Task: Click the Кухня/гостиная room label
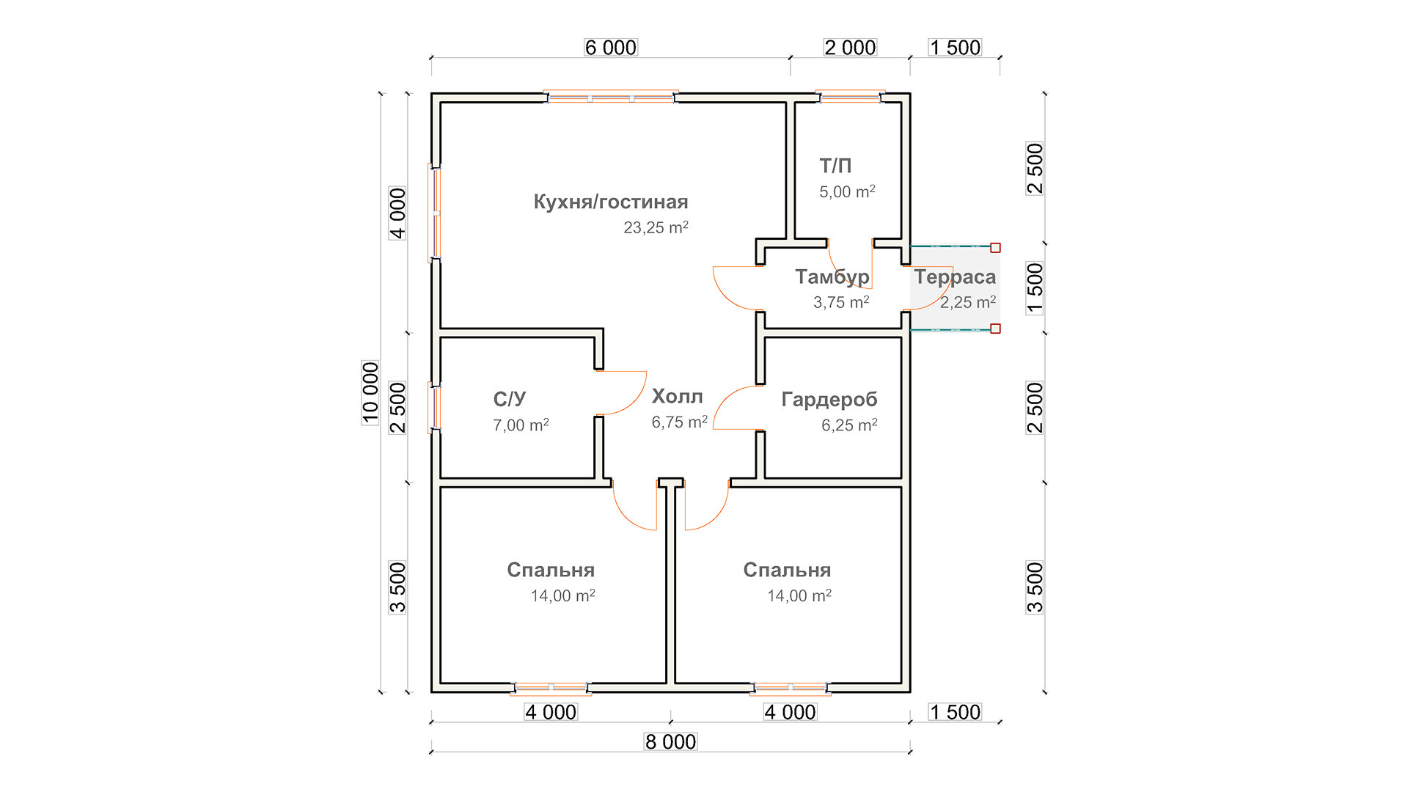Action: coord(611,202)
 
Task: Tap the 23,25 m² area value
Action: coord(656,227)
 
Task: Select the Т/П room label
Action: coord(835,166)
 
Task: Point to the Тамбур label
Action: coord(832,277)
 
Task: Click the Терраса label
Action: coord(955,277)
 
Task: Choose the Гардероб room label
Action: coord(829,400)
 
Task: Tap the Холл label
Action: coord(677,397)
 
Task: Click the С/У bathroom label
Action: coord(510,399)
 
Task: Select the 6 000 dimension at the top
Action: coord(611,48)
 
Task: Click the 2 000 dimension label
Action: coord(850,48)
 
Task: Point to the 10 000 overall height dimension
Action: coord(370,392)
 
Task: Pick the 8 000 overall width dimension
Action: coord(670,742)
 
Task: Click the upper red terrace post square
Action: coord(995,248)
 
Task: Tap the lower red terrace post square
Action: coord(995,329)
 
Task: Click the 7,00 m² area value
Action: coord(521,425)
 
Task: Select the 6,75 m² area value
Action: coord(679,422)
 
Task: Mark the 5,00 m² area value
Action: coord(847,191)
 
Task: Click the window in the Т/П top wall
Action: coord(851,97)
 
